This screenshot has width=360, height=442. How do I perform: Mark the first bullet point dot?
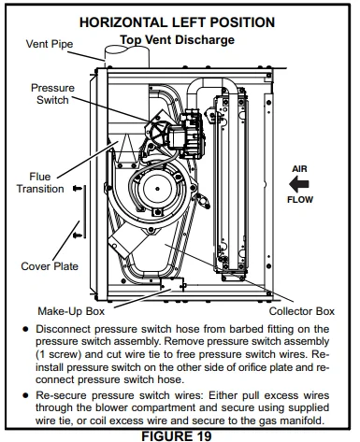[x=24, y=330]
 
